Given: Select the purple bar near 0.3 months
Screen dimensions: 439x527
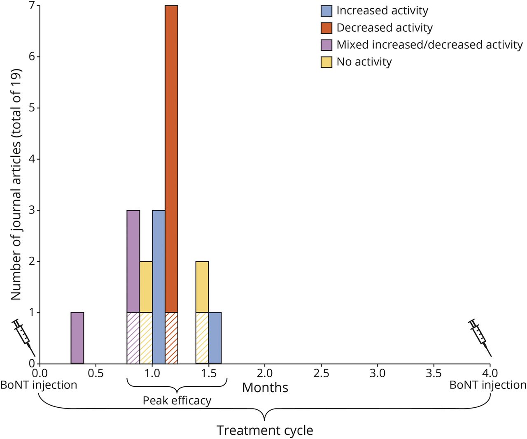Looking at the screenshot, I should point(77,338).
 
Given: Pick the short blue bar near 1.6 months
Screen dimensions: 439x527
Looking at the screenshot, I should point(215,338).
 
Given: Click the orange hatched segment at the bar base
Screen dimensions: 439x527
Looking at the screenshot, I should point(171,338).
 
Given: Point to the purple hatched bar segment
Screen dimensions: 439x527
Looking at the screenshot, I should point(133,338).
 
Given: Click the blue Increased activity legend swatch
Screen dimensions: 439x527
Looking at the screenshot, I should point(326,11).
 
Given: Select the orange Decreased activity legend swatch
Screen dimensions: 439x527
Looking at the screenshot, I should point(326,28).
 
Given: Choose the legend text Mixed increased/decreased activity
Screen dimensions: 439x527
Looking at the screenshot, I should point(429,45).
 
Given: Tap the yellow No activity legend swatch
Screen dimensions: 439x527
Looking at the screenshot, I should point(326,62).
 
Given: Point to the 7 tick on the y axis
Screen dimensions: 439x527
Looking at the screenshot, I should point(32,6).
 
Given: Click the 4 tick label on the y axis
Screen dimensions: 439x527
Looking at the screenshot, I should point(32,159).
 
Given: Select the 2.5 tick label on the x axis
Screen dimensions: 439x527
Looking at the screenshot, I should point(321,374).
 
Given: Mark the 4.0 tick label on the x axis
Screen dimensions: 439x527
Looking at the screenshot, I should point(490,374).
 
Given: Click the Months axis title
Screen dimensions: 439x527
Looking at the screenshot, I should point(265,388).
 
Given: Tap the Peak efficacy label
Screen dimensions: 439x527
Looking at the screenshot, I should point(177,401).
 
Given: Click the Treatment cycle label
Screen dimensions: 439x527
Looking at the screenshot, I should point(265,430).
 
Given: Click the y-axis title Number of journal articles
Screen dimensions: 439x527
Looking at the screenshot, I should point(16,184).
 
